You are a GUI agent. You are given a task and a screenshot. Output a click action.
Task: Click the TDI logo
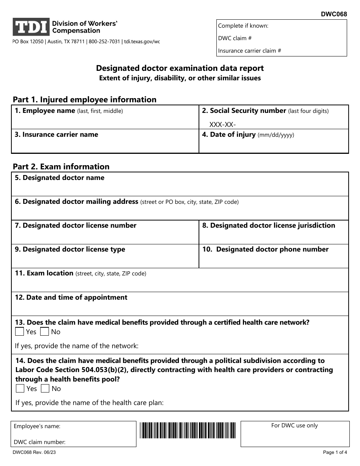[x=31, y=27]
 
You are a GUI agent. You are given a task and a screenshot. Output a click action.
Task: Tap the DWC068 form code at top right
[x=334, y=14]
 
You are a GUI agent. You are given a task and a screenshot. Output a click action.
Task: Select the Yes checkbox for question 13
[x=20, y=332]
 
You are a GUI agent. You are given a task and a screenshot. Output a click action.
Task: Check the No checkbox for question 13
[x=45, y=332]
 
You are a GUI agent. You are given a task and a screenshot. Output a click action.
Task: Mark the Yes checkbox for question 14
[x=20, y=389]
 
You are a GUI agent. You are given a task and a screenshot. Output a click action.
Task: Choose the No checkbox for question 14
[x=45, y=389]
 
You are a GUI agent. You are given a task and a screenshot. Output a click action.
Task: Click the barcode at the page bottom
[x=188, y=430]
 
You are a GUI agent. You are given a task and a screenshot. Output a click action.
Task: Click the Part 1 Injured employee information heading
[x=85, y=100]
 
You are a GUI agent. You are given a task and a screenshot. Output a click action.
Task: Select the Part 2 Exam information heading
[x=61, y=167]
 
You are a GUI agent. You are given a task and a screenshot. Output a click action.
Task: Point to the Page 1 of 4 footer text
[x=335, y=452]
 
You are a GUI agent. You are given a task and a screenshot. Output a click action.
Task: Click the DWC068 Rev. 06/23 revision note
[x=34, y=452]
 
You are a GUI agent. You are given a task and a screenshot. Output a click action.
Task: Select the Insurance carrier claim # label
[x=249, y=51]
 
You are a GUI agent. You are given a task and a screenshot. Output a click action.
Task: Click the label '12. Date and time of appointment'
[x=71, y=297]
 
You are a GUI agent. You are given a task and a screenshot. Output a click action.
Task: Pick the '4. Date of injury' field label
[x=248, y=135]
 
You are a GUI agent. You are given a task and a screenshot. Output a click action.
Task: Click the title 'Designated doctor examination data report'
[x=180, y=69]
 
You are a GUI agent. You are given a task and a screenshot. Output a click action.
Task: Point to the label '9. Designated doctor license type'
[x=70, y=249]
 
